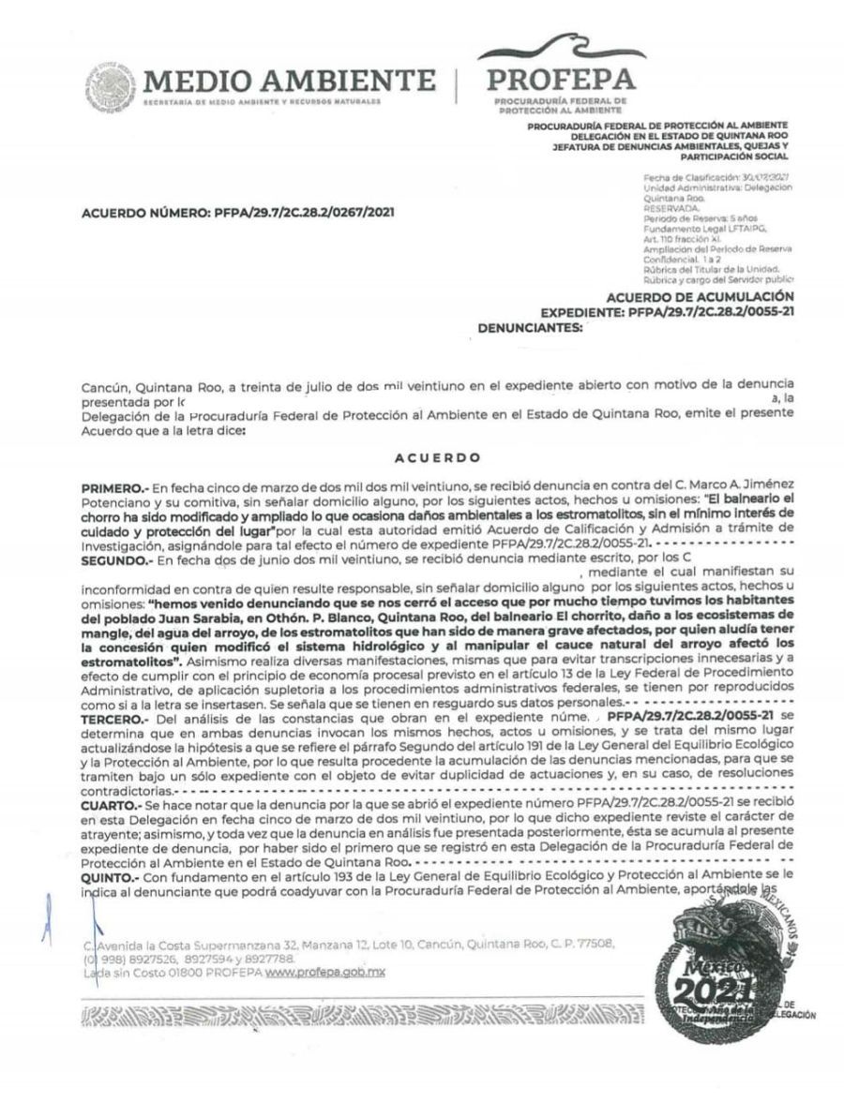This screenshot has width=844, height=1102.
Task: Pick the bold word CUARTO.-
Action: [112, 804]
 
